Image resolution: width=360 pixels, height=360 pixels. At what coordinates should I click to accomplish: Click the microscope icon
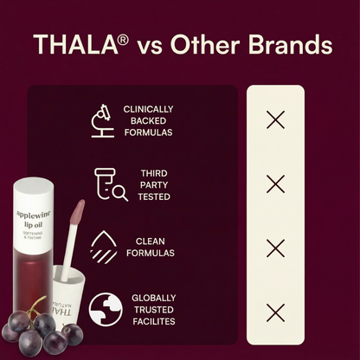103,120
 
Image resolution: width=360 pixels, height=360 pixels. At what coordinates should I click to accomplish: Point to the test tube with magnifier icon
110,184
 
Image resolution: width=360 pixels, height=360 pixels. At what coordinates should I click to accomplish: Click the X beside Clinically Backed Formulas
275,120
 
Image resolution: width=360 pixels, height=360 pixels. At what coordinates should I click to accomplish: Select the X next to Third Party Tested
275,184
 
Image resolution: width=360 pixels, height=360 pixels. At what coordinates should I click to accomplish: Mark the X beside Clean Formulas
275,248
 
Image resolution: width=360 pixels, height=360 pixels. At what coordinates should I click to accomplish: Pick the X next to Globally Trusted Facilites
275,312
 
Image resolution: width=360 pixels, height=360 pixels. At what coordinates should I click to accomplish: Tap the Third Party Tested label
154,184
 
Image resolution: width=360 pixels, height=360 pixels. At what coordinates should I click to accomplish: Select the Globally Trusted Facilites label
154,310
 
